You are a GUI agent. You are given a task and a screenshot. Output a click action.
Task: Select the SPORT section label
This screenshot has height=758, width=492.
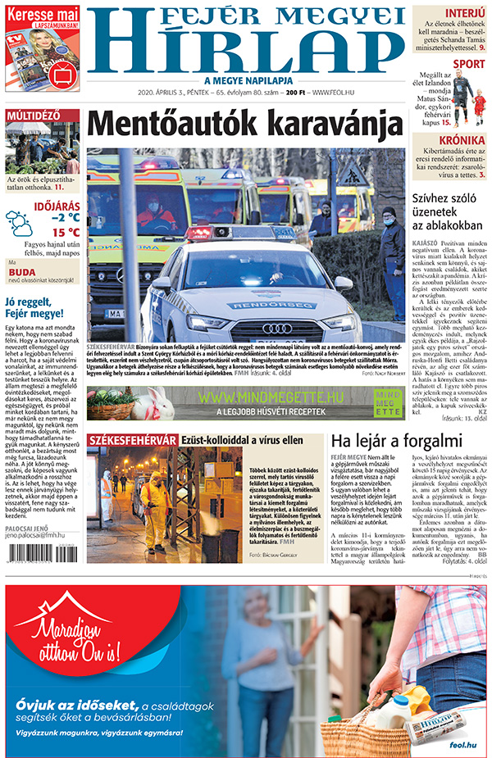click(468, 63)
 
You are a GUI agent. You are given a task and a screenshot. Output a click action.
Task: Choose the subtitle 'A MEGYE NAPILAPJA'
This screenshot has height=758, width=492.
click(245, 80)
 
